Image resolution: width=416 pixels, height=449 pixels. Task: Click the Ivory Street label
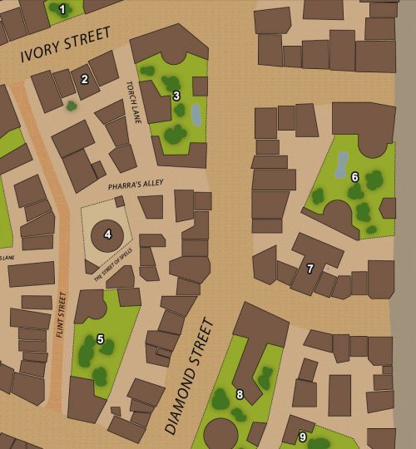click(66, 46)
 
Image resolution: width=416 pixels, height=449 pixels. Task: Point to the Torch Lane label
click(134, 102)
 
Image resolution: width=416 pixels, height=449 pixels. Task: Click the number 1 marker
click(62, 9)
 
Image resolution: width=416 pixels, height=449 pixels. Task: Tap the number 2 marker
click(84, 80)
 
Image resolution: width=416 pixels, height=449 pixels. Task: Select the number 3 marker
click(176, 96)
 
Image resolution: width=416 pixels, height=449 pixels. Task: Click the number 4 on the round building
click(107, 234)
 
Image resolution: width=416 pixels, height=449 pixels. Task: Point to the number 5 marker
click(101, 339)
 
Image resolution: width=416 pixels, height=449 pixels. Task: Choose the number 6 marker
click(354, 177)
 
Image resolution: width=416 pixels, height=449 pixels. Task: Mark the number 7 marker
click(310, 269)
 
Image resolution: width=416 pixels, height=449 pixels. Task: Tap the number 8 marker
click(240, 394)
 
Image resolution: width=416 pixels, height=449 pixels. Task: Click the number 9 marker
click(302, 437)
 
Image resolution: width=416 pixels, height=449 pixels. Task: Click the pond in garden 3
click(196, 115)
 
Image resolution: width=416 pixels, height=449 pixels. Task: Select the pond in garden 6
click(341, 165)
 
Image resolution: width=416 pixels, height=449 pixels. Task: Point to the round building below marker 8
click(220, 434)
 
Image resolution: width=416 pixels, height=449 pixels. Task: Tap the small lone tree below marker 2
click(72, 106)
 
